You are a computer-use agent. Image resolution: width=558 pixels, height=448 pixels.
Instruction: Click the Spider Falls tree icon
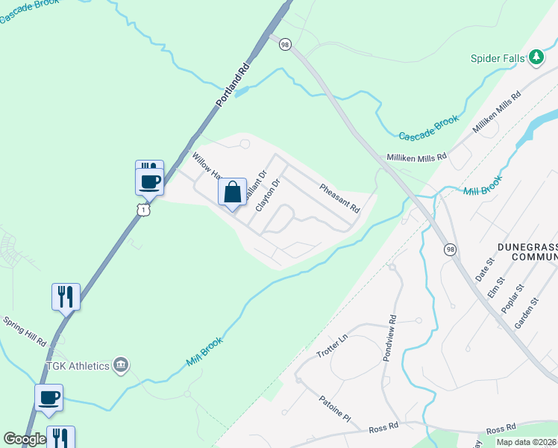click(x=536, y=57)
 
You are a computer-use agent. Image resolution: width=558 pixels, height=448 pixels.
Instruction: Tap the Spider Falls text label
click(x=498, y=58)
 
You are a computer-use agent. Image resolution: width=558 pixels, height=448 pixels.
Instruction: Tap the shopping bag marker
click(x=232, y=192)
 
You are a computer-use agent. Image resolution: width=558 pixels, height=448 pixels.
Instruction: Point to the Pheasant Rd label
click(x=340, y=199)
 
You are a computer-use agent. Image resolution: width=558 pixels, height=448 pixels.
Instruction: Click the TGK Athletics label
click(x=78, y=366)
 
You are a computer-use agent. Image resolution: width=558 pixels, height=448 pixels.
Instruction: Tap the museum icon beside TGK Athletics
click(x=120, y=365)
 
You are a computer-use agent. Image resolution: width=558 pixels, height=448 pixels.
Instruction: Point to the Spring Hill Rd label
click(x=25, y=331)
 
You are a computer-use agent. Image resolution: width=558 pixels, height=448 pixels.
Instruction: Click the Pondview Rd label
click(x=389, y=337)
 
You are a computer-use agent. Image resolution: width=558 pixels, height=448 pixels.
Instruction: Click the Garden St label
click(x=525, y=314)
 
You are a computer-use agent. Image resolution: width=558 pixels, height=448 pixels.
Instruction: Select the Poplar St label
click(x=512, y=296)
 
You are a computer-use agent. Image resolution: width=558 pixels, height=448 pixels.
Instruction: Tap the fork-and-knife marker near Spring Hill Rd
click(x=66, y=296)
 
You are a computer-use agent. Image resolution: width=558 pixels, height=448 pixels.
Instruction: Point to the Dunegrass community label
click(x=527, y=252)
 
